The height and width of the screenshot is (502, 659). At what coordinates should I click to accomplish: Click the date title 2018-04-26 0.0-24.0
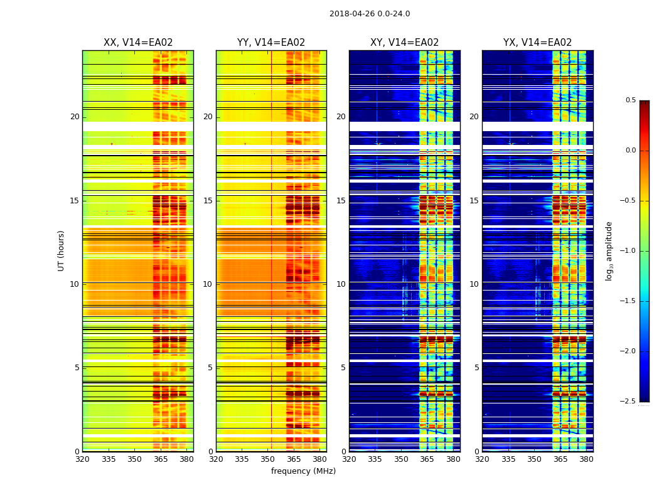(x=370, y=14)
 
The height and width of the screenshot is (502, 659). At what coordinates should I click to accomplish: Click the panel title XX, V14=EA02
(x=138, y=43)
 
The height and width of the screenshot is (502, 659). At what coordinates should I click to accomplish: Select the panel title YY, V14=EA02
(x=271, y=43)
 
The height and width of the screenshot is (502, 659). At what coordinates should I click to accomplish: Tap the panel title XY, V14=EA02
(x=404, y=43)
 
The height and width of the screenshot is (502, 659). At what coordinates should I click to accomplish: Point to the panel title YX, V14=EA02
(x=537, y=43)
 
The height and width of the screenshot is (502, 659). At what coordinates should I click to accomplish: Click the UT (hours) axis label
(x=61, y=250)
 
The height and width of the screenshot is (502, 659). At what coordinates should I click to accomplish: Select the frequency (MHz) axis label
(x=303, y=471)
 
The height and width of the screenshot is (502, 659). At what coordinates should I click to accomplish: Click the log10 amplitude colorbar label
(x=608, y=250)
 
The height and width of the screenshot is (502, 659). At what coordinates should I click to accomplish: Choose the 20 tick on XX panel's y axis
(x=75, y=117)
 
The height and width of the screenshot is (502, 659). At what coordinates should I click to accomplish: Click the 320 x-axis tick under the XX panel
(x=82, y=459)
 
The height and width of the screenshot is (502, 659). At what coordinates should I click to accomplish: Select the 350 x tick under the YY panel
(x=268, y=459)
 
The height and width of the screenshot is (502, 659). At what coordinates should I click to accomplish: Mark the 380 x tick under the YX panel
(x=586, y=459)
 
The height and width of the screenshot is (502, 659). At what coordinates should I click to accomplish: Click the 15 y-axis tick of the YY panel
(x=208, y=201)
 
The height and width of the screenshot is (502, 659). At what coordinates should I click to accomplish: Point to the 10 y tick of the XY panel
(x=341, y=284)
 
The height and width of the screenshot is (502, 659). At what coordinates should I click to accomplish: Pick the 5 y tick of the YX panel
(x=476, y=368)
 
